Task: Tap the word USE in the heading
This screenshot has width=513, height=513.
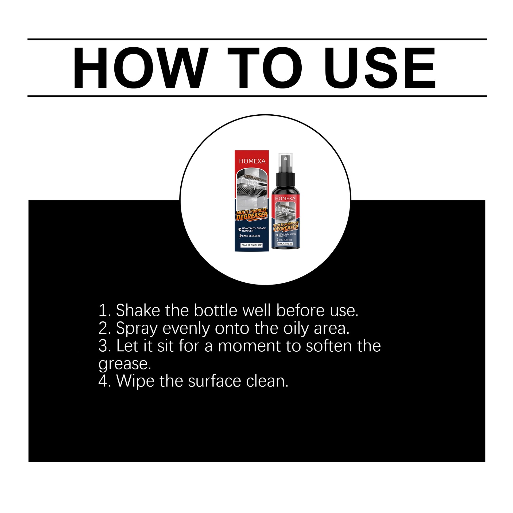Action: pos(380,68)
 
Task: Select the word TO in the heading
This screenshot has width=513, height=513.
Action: pos(265,68)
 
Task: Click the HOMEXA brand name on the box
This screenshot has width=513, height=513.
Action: pos(252,161)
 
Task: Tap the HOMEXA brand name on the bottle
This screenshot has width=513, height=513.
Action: pos(285,199)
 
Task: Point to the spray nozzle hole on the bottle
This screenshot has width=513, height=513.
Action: pos(285,159)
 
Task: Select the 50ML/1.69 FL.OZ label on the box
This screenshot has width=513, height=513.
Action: pos(251,245)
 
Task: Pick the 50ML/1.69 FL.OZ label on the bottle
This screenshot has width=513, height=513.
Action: pos(285,244)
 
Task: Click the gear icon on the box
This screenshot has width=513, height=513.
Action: pos(240,230)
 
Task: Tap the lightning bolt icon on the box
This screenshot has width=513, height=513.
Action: pos(240,236)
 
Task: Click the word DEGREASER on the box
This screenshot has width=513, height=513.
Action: pos(252,216)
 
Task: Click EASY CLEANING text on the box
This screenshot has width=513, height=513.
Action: pos(251,236)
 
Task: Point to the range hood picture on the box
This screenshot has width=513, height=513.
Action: pos(252,188)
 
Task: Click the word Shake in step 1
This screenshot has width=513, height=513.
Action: pos(138,310)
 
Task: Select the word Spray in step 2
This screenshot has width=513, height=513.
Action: pos(137,329)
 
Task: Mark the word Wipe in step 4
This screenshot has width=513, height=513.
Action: pos(135,381)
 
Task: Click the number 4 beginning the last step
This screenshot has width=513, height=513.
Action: pos(103,381)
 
